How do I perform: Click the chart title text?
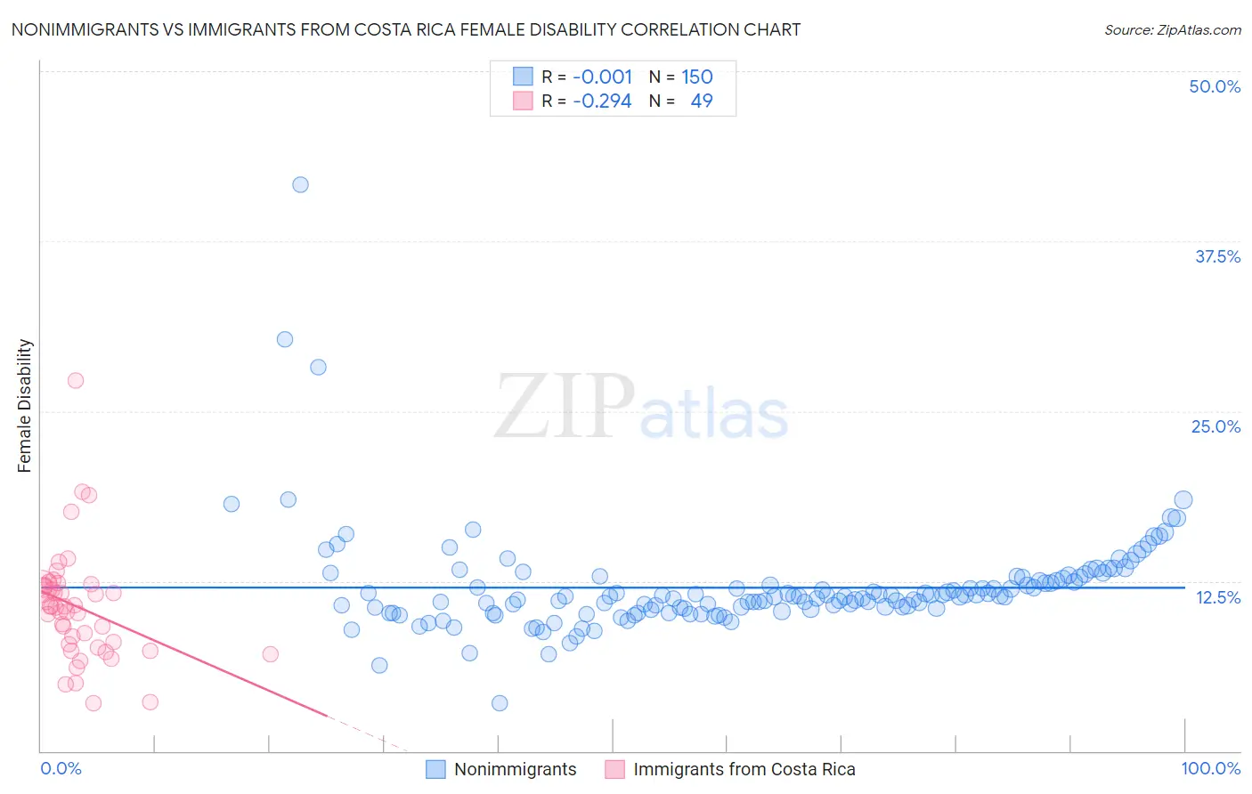tap(405, 29)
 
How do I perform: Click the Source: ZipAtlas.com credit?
tap(1172, 29)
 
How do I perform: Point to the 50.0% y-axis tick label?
tap(1215, 86)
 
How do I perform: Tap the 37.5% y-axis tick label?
tap(1217, 256)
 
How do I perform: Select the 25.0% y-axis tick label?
tap(1215, 426)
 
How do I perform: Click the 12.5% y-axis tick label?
tap(1217, 597)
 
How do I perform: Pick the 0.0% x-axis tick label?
tap(61, 768)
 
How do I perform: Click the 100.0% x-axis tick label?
tap(1210, 768)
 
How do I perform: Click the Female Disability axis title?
tap(25, 405)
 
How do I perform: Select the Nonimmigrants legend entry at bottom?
tap(515, 769)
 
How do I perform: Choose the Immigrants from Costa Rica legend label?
tap(744, 769)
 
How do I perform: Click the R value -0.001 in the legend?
tap(602, 77)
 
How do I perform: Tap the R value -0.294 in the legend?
tap(602, 101)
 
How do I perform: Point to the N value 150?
tap(697, 77)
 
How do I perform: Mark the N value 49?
tap(702, 101)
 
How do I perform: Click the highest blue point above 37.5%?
tap(301, 184)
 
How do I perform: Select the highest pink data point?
tap(76, 380)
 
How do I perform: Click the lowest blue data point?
tap(500, 703)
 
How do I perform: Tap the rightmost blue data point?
tap(1183, 500)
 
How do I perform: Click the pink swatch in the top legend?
tap(523, 101)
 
